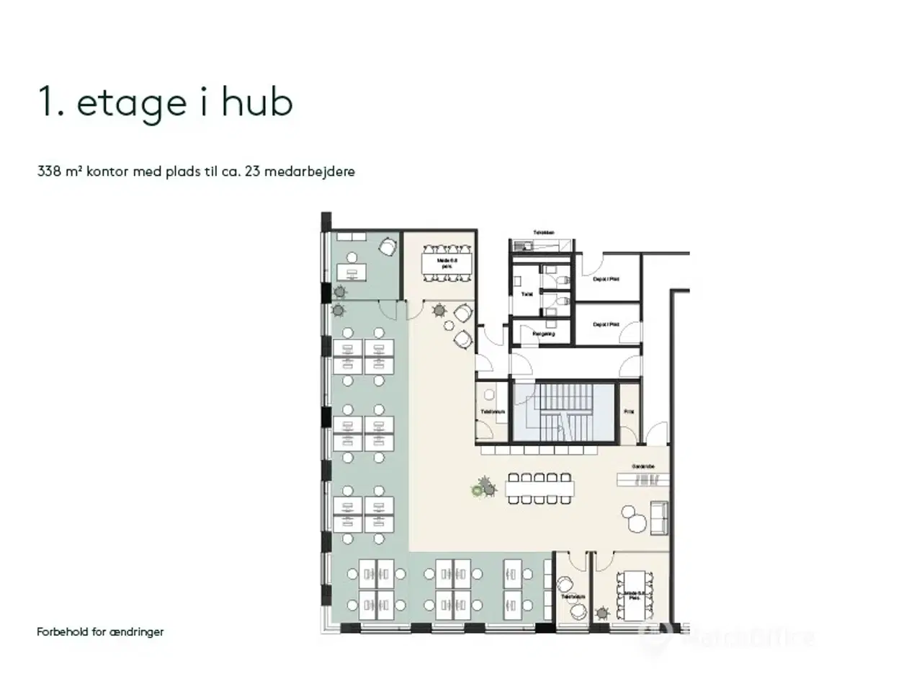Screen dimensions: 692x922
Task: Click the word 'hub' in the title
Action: (256, 102)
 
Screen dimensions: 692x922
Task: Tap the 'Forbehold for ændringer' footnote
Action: (100, 631)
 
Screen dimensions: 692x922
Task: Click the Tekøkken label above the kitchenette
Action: (544, 232)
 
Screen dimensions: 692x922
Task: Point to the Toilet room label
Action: (527, 294)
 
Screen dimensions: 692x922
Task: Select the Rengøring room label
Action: (544, 334)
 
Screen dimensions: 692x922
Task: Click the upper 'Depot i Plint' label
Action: (606, 279)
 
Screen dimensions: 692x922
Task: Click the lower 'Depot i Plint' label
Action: (606, 324)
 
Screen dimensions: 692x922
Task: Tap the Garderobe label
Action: (643, 466)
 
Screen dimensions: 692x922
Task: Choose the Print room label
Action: (629, 412)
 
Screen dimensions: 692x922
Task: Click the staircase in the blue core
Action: (565, 412)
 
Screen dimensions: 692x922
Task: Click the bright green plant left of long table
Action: (476, 491)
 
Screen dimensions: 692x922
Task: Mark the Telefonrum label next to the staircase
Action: (493, 412)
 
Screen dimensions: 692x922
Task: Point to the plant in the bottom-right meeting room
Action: (601, 613)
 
